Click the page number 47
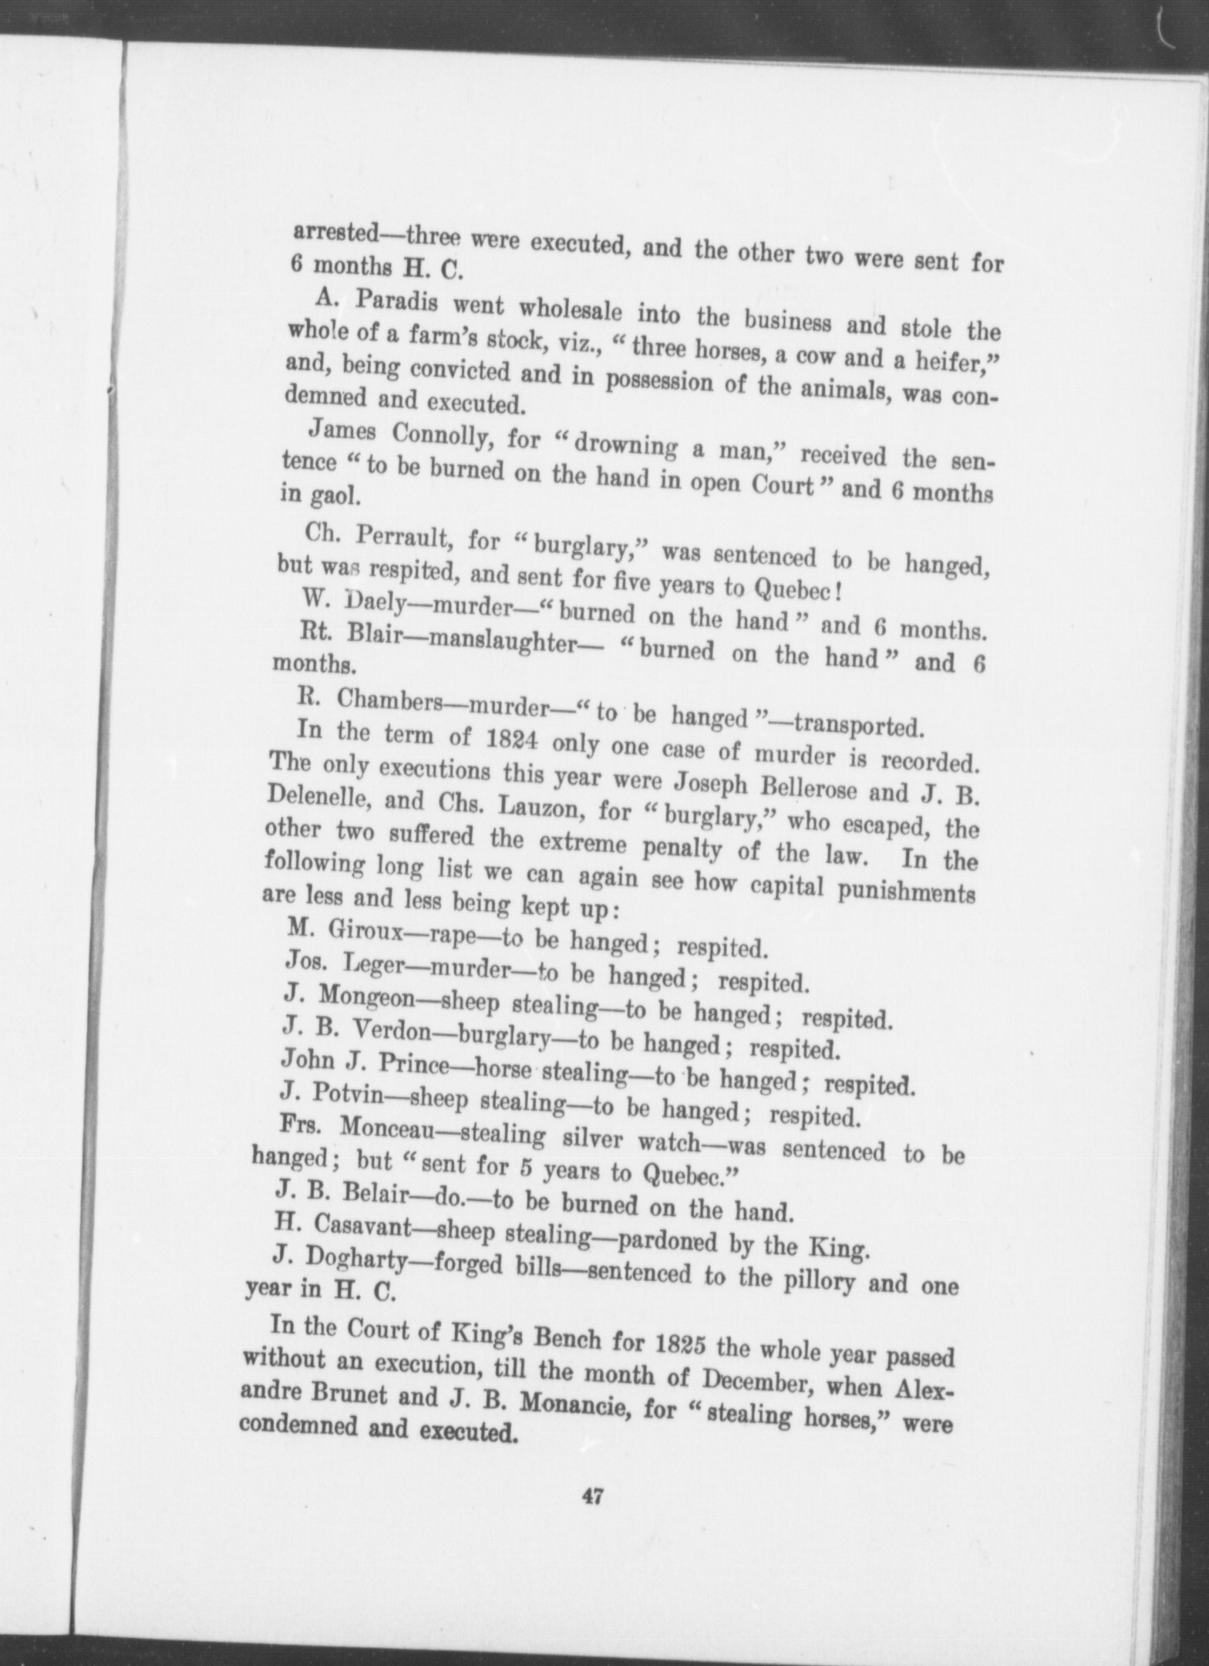[x=592, y=1497]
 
